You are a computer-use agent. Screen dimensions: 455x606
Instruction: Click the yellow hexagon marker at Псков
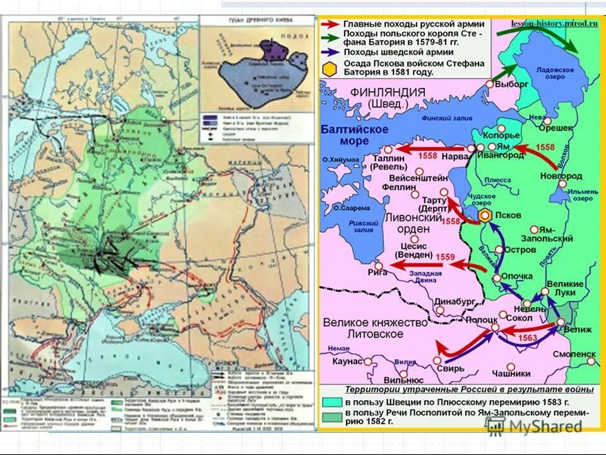(x=485, y=215)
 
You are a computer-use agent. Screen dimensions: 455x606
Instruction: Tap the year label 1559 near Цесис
(x=446, y=257)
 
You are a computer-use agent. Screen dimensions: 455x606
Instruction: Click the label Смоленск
(x=574, y=355)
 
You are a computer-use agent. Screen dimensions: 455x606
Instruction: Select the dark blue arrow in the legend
(x=330, y=52)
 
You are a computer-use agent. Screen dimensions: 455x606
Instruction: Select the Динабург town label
(x=454, y=302)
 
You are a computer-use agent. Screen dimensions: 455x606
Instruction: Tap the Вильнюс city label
(x=403, y=380)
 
